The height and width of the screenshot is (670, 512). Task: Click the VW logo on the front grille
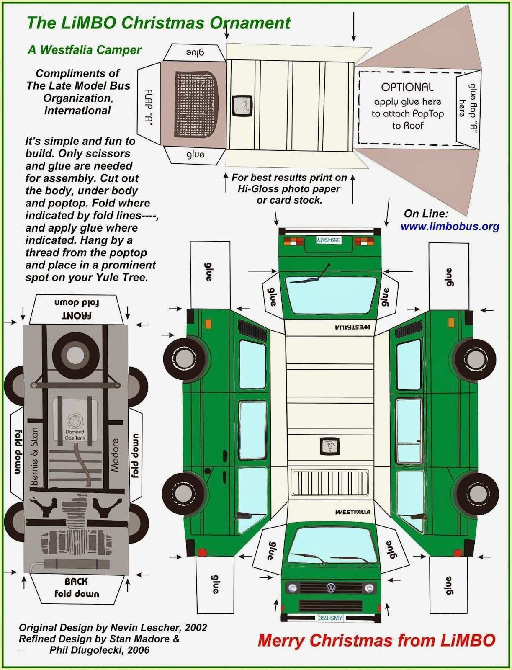tap(331, 588)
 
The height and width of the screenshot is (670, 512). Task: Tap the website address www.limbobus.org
tap(450, 227)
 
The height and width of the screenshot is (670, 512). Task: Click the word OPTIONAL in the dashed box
tap(407, 87)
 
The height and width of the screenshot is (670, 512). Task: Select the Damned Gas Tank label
tap(75, 435)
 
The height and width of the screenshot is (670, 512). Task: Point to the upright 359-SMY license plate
tap(330, 618)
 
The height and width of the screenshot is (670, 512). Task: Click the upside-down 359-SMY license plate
tap(329, 240)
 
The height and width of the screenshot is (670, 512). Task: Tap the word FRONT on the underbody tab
tap(77, 315)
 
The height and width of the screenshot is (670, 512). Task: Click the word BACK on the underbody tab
tap(76, 581)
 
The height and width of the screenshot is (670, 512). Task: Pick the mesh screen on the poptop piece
tap(196, 104)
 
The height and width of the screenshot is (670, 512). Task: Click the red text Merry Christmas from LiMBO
tap(376, 640)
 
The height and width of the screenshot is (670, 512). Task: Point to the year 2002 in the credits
tap(196, 627)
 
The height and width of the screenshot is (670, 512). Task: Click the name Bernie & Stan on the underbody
tap(34, 456)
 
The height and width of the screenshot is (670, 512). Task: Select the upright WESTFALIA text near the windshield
tap(352, 512)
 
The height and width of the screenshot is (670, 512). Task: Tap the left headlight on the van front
tap(293, 588)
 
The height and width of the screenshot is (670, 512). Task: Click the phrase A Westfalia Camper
tap(85, 50)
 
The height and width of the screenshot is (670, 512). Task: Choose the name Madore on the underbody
tap(115, 455)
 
